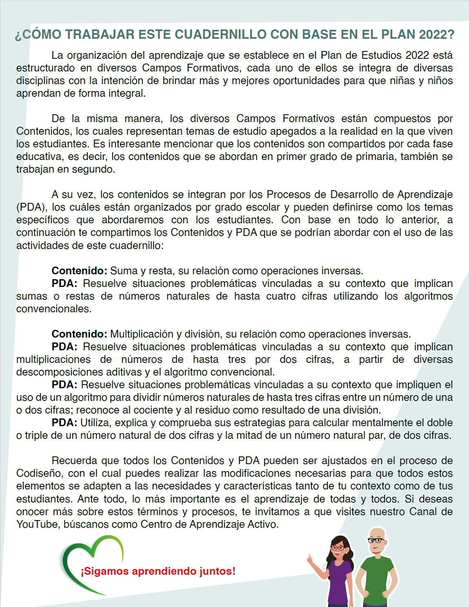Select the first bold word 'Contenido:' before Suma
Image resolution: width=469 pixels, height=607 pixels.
(x=79, y=271)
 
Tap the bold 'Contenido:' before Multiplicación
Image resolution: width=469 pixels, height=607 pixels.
(x=79, y=334)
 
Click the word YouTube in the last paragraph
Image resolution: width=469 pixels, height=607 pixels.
(x=37, y=524)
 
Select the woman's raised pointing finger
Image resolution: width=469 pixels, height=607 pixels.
(x=309, y=557)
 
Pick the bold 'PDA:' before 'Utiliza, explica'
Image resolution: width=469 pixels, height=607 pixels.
(x=64, y=423)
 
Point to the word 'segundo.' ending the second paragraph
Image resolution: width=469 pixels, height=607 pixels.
(x=96, y=169)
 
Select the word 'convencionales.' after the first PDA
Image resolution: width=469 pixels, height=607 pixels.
(x=54, y=309)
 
